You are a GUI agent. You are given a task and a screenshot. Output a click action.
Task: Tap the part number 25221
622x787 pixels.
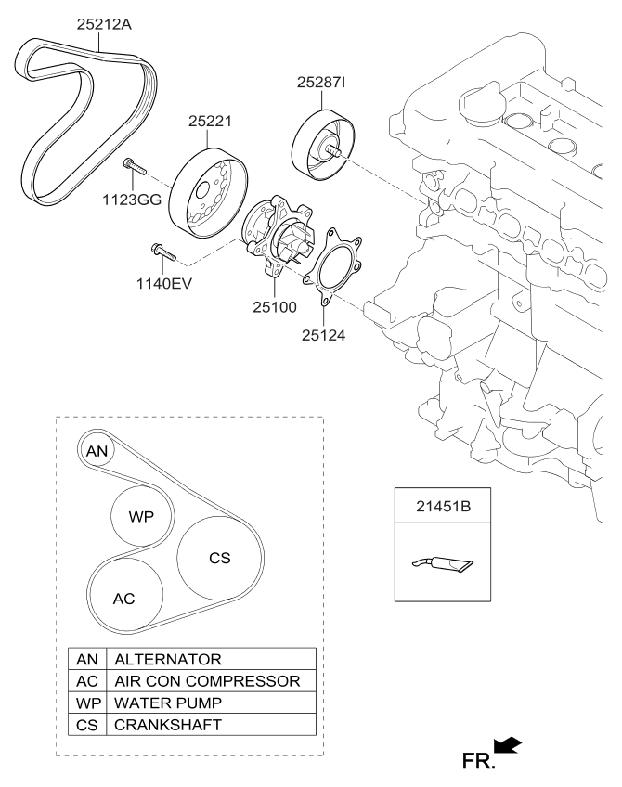210,121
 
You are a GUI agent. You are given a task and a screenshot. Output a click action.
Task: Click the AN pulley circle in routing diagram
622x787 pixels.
97,452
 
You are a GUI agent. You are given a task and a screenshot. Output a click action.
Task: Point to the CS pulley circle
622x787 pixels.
218,558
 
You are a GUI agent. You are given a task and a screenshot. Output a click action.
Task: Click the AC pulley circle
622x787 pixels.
124,598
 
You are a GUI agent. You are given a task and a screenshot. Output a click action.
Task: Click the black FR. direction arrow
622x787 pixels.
509,745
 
